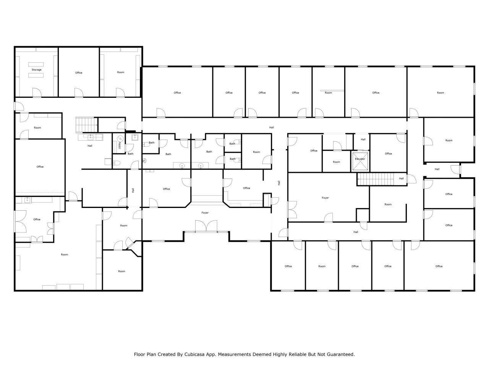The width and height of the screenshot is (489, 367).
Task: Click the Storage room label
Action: point(37,70)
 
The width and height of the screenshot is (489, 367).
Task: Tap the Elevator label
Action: point(360,159)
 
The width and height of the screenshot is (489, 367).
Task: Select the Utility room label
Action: point(120,145)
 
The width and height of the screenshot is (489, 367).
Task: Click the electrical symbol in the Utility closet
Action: point(120,139)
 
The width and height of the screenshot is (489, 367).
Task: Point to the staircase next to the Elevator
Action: point(375,179)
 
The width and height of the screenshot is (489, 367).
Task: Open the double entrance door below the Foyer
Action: point(206,227)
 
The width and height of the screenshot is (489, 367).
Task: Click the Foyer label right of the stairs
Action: point(325,198)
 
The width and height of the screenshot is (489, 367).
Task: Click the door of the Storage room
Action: point(37,92)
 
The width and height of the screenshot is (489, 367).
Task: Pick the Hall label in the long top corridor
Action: point(271,127)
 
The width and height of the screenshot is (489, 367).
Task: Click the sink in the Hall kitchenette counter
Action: point(91,137)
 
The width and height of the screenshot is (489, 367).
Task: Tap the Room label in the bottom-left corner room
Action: point(121,271)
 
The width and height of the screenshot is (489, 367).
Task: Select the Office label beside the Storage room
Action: point(79,73)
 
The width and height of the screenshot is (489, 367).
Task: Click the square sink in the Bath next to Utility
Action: point(134,137)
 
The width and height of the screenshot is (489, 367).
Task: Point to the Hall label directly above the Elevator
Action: point(363,140)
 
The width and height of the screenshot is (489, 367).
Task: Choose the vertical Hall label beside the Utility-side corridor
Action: point(133,190)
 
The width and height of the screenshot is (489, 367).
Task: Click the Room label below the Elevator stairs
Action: point(388,204)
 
